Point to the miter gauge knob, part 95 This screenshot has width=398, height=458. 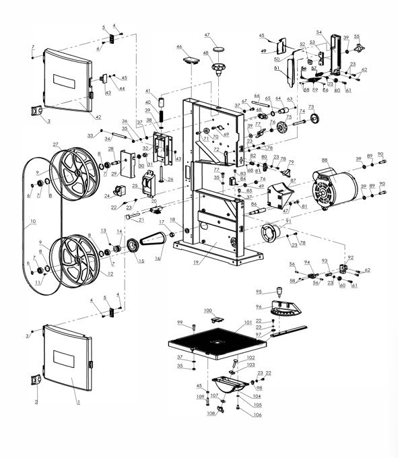[x=277, y=292]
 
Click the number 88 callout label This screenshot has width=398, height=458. [x=325, y=160]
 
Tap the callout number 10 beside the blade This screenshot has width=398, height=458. [x=32, y=222]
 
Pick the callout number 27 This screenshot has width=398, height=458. [x=56, y=144]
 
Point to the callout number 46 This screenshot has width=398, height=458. [x=179, y=46]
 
